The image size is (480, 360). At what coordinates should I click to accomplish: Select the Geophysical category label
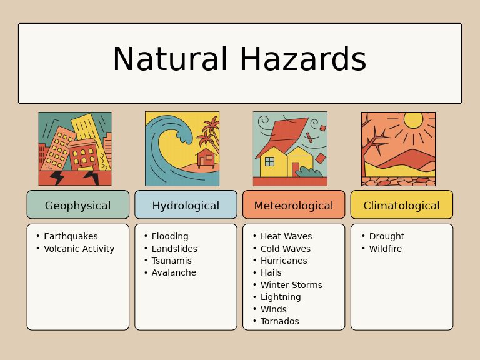tap(77, 206)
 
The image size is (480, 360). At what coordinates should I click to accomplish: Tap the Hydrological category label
tap(186, 206)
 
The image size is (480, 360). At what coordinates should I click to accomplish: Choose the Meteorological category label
tap(293, 206)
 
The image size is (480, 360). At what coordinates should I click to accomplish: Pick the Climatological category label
tap(401, 206)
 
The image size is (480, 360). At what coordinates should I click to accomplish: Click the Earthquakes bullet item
tap(71, 236)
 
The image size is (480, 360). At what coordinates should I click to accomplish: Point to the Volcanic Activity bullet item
tap(79, 249)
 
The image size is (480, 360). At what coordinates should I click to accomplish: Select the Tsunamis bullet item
tap(171, 261)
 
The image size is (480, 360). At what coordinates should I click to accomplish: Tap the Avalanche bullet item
tap(174, 272)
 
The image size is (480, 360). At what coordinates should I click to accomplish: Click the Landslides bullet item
tap(174, 249)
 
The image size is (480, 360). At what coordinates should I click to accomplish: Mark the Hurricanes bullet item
tap(284, 261)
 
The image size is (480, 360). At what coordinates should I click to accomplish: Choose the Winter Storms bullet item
tap(291, 285)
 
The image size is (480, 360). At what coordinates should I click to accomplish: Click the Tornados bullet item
tap(279, 321)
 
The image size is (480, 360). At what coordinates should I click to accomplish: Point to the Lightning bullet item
tap(281, 297)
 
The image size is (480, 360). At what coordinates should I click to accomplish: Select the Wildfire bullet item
tap(385, 249)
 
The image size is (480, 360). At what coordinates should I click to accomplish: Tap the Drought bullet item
tap(386, 236)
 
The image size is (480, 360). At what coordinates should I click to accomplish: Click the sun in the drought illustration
tap(413, 119)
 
